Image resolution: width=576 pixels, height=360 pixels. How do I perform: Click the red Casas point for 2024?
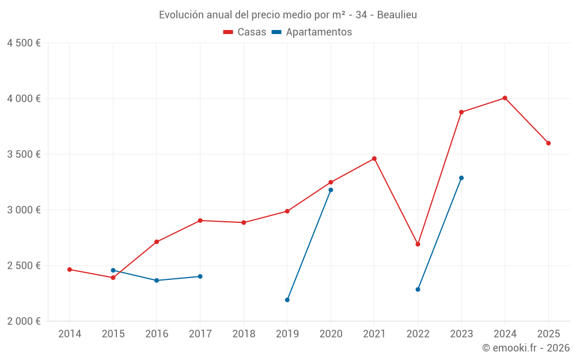pos(505,98)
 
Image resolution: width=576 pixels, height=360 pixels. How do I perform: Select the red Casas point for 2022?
pos(418,244)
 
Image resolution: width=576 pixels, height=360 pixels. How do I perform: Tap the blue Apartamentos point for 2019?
pos(287,300)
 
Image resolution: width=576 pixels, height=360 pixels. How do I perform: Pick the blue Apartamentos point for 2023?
pos(461,178)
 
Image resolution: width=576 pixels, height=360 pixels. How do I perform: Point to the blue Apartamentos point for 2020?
pos(331,190)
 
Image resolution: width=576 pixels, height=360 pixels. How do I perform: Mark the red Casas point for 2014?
pos(70,270)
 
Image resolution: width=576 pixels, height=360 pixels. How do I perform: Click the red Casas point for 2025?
pos(548,143)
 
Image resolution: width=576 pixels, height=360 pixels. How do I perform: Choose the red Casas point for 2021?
pos(374,158)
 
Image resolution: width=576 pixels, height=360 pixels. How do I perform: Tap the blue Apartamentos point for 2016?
pos(157,281)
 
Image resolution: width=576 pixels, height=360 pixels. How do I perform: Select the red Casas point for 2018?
pos(244,222)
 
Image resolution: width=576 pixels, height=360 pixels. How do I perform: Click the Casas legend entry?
pos(245,32)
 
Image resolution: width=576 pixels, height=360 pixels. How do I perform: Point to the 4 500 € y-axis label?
pos(24,43)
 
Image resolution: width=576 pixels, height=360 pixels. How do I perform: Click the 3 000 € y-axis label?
pos(24,210)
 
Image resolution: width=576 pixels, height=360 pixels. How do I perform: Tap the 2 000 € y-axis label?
pos(24,321)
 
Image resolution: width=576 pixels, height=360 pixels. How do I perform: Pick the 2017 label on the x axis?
pos(200,334)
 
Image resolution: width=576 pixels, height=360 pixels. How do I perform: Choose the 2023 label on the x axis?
pos(461,334)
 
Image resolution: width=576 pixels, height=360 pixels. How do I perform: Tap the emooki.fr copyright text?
pos(526,348)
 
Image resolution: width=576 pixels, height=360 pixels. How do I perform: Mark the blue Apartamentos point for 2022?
pos(418,289)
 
